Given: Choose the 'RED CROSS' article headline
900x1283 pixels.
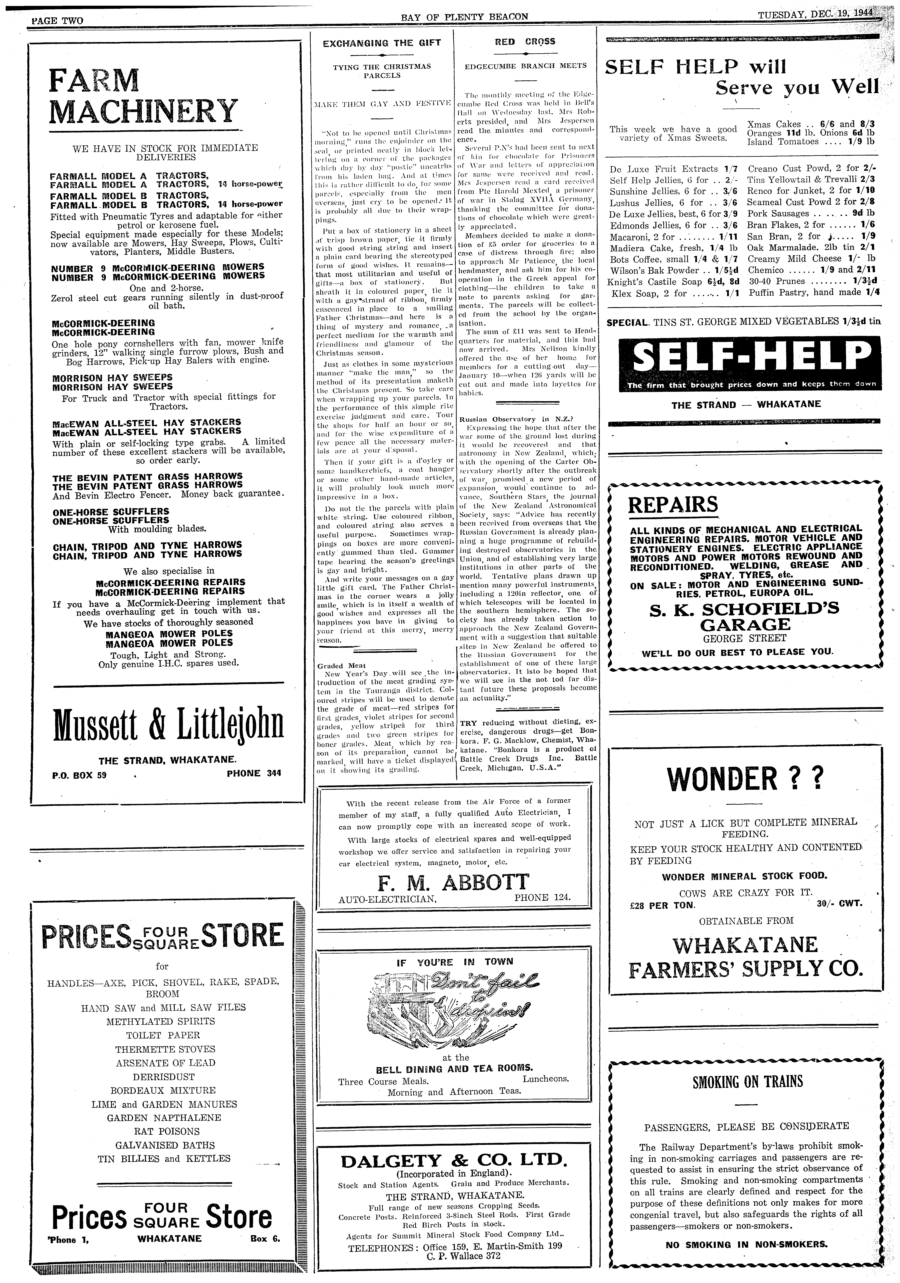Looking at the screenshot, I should [x=525, y=41].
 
